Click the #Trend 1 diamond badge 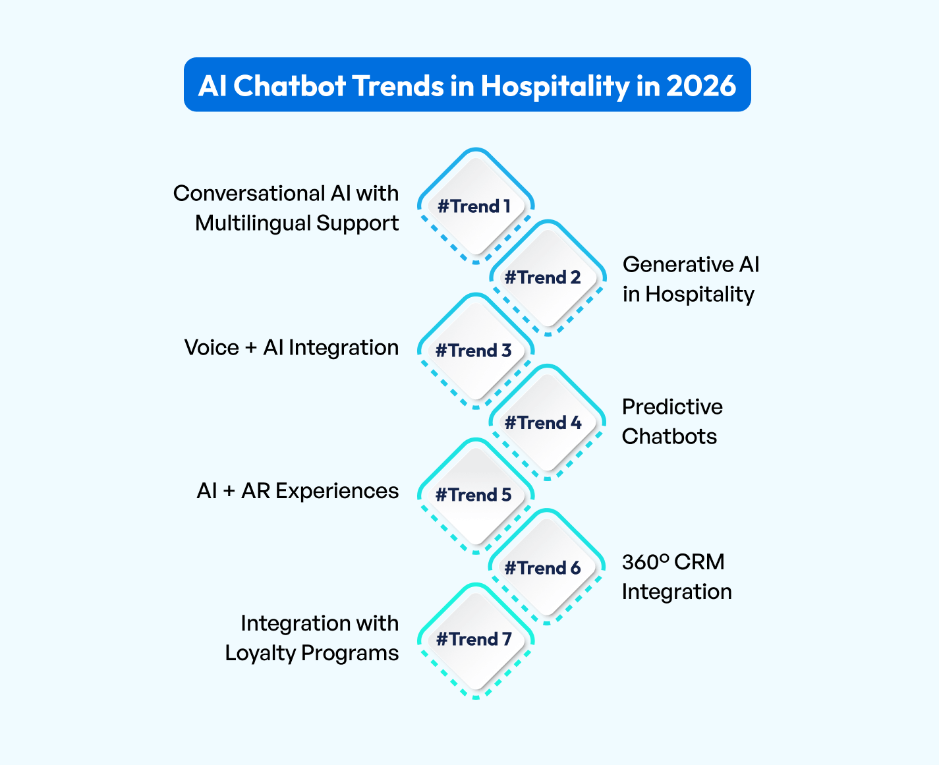pyautogui.click(x=475, y=206)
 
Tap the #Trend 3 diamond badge pyautogui.click(x=475, y=351)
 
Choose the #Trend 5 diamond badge pyautogui.click(x=475, y=495)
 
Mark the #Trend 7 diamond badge pyautogui.click(x=475, y=639)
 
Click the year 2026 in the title pyautogui.click(x=701, y=86)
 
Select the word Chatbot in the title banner pyautogui.click(x=290, y=86)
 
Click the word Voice pyautogui.click(x=212, y=348)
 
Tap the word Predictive pyautogui.click(x=672, y=407)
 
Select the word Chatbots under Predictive pyautogui.click(x=669, y=437)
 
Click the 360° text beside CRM pyautogui.click(x=645, y=562)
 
